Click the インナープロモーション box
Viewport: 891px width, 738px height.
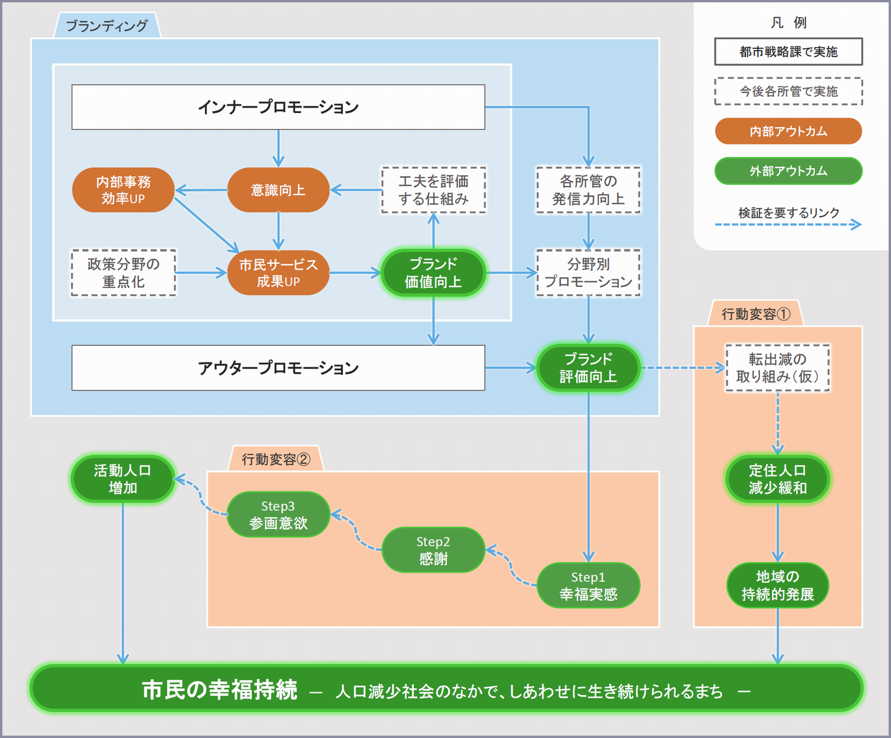pos(278,107)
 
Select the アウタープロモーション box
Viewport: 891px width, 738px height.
pos(278,368)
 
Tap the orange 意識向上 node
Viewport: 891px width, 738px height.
pos(278,190)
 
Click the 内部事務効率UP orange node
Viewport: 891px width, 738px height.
pos(123,190)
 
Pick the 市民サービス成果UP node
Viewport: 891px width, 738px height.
pos(278,273)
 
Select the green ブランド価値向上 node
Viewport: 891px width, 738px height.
pos(433,273)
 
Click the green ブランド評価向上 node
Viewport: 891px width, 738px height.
pos(588,368)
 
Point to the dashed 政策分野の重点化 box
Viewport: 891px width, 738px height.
pos(124,273)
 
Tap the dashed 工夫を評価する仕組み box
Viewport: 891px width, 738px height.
pos(433,190)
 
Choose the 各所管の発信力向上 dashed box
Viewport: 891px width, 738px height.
pos(588,190)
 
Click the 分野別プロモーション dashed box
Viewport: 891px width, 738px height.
pos(588,273)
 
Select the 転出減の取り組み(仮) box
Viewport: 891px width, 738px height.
pos(778,368)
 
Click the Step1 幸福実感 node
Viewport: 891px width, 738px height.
pos(588,585)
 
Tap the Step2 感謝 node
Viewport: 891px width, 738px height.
pos(433,550)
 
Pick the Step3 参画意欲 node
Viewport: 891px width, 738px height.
pos(278,515)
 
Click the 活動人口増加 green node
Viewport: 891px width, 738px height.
pos(123,479)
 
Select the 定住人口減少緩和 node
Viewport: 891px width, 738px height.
pos(778,479)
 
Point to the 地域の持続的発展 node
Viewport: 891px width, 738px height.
pos(778,585)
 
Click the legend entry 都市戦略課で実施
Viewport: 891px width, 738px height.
pos(788,52)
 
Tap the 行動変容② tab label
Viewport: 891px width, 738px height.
pos(276,459)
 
